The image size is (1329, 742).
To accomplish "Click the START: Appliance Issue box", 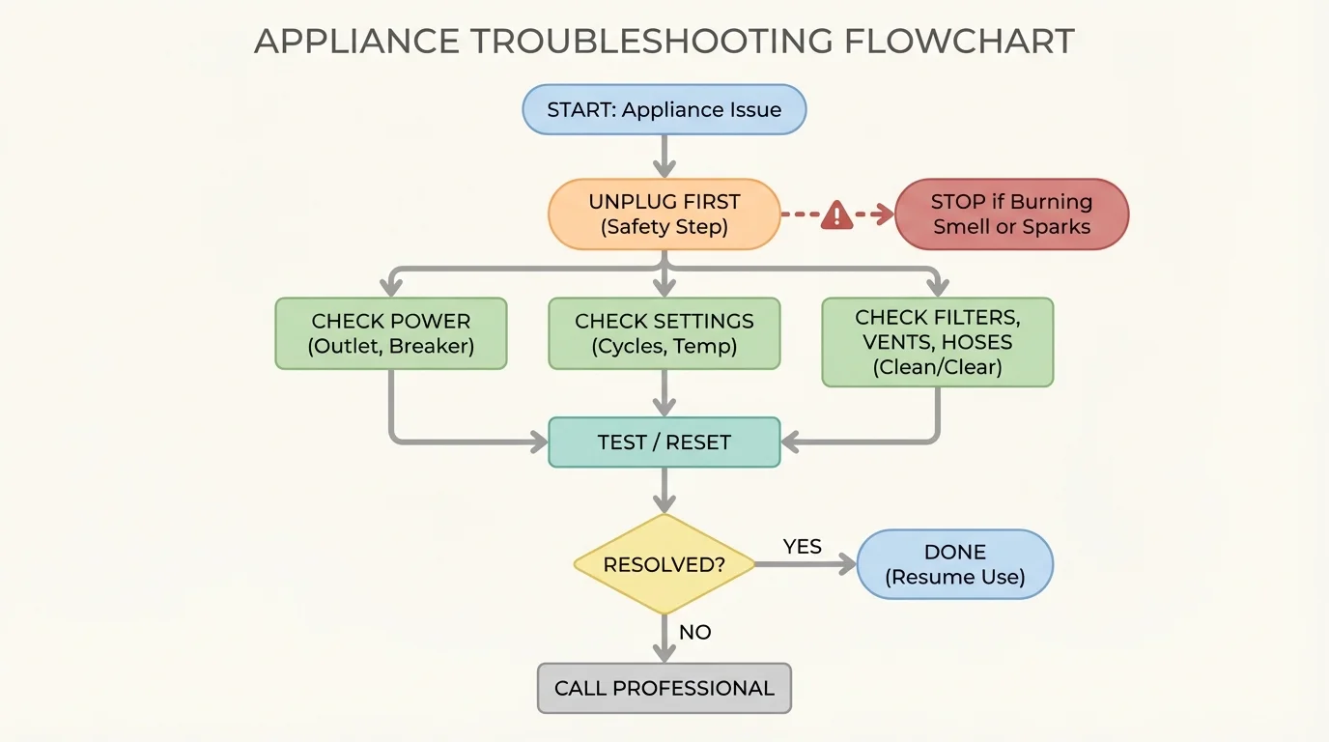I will tap(664, 109).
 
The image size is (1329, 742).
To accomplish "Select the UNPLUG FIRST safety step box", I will tap(664, 214).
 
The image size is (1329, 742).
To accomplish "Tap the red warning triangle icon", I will tap(836, 215).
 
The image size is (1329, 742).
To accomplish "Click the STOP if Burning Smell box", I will tap(1011, 214).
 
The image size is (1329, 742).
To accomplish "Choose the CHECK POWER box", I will tap(390, 333).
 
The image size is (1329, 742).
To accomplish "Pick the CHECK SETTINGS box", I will tap(664, 333).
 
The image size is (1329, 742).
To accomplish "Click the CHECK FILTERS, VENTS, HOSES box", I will tap(937, 342).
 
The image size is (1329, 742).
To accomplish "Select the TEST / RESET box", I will tap(664, 442).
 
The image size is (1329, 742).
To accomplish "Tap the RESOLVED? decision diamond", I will tap(664, 564).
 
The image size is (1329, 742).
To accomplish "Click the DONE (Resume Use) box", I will tap(954, 564).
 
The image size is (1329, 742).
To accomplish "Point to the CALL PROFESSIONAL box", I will tap(664, 688).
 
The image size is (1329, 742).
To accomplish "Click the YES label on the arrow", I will tap(802, 547).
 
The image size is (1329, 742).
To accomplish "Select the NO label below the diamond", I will tap(694, 632).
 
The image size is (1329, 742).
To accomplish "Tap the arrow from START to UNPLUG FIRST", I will tap(664, 156).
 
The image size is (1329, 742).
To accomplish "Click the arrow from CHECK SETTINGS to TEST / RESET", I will tap(664, 392).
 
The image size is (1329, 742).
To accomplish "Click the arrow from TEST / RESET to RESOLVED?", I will tap(664, 490).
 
